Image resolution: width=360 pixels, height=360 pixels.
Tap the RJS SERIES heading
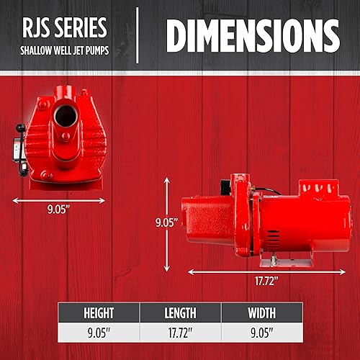pos(63,27)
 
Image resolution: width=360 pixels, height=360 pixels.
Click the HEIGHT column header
pos(99,312)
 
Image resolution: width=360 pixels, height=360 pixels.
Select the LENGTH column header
pos(180,312)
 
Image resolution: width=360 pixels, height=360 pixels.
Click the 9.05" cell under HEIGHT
pos(99,333)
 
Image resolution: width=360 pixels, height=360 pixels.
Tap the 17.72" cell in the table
pos(180,333)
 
